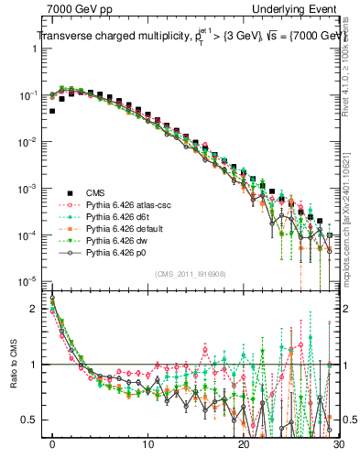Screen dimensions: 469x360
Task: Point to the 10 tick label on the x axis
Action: [x=147, y=448]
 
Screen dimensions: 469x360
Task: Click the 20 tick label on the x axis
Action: [x=243, y=448]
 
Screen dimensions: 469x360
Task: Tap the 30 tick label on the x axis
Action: [x=338, y=448]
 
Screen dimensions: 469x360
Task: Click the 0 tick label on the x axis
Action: [x=52, y=448]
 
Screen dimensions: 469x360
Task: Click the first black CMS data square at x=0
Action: [x=52, y=111]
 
